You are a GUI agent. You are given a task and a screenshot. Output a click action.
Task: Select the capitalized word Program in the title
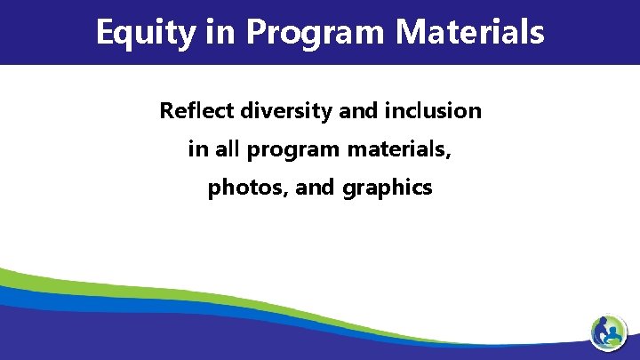(x=316, y=34)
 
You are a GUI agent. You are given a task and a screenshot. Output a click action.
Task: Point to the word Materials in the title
(x=470, y=32)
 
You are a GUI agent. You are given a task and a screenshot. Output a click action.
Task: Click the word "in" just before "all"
(x=196, y=149)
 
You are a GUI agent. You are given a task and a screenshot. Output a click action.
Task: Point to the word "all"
(x=227, y=149)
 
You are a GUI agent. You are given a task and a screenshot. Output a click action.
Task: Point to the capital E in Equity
(x=105, y=32)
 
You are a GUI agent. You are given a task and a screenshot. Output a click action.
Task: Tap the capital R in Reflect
(x=166, y=111)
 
